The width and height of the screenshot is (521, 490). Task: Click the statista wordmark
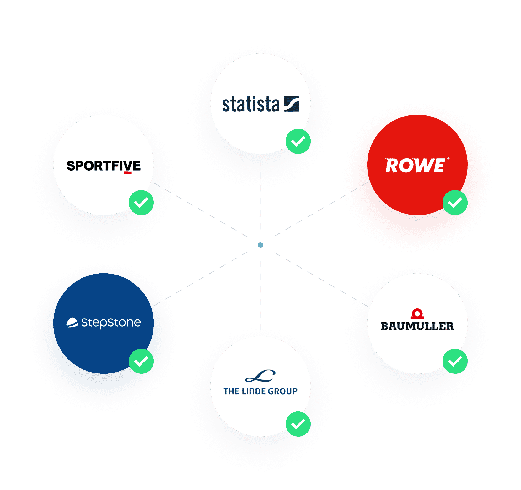coord(250,104)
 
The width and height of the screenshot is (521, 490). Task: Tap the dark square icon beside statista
coord(291,104)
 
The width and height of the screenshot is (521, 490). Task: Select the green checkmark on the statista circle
coord(298,141)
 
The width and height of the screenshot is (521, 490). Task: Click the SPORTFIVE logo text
coord(104,166)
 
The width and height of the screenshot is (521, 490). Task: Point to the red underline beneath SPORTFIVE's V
coord(127,173)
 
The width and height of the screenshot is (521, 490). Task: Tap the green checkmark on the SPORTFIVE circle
coord(141,203)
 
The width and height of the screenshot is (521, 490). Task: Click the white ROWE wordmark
coord(415,166)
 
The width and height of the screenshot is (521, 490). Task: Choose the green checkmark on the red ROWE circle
coord(455,203)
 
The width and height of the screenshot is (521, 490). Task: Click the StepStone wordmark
coord(111,323)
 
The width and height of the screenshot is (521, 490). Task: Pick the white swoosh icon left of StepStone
coord(72,323)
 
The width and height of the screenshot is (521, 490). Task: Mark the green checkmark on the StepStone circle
coord(141,361)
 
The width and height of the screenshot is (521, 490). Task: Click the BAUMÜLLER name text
coord(417,326)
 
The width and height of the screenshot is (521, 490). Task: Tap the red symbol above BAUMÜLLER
coord(417,314)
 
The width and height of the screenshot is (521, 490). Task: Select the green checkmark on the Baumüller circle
coord(455,361)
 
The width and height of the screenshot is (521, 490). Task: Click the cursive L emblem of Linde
coord(260,376)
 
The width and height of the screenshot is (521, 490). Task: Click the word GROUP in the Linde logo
coord(283,391)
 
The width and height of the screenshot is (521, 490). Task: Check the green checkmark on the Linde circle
coord(298,424)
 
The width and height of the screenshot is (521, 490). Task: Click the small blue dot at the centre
coord(260,245)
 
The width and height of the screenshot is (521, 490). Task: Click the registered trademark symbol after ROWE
coord(448,159)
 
